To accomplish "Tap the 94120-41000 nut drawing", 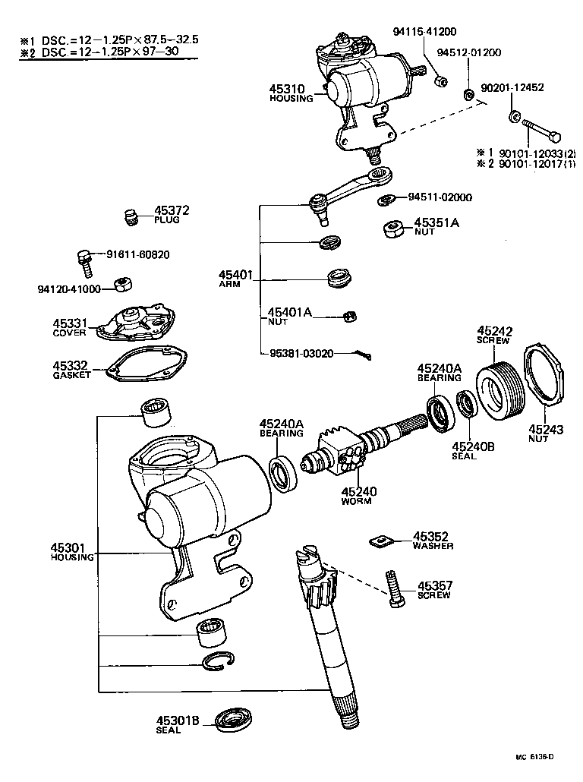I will [x=121, y=285].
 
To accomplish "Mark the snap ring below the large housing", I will [x=222, y=662].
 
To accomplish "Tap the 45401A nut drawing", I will [x=350, y=317].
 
